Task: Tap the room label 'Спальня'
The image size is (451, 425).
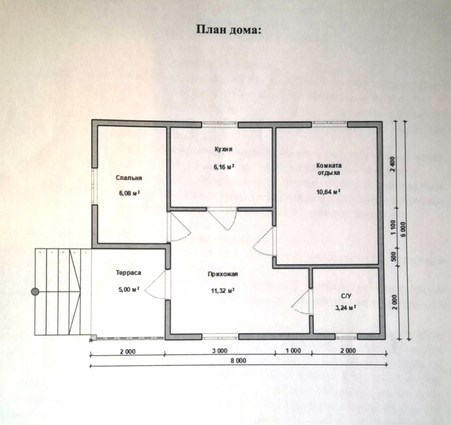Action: click(129, 178)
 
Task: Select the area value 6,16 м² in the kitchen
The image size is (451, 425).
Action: click(224, 167)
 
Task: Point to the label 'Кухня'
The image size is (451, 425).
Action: click(223, 149)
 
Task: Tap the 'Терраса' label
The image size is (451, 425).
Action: click(128, 272)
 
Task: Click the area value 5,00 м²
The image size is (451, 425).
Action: click(129, 290)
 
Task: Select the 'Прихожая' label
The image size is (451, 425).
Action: click(223, 274)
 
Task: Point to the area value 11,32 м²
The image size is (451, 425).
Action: click(223, 291)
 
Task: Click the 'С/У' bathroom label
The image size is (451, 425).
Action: click(346, 296)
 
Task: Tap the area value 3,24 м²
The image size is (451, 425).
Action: click(345, 308)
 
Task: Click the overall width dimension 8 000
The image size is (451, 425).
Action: click(239, 360)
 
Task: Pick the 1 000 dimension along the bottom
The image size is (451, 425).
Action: click(293, 351)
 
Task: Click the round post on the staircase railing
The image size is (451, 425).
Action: click(35, 292)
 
